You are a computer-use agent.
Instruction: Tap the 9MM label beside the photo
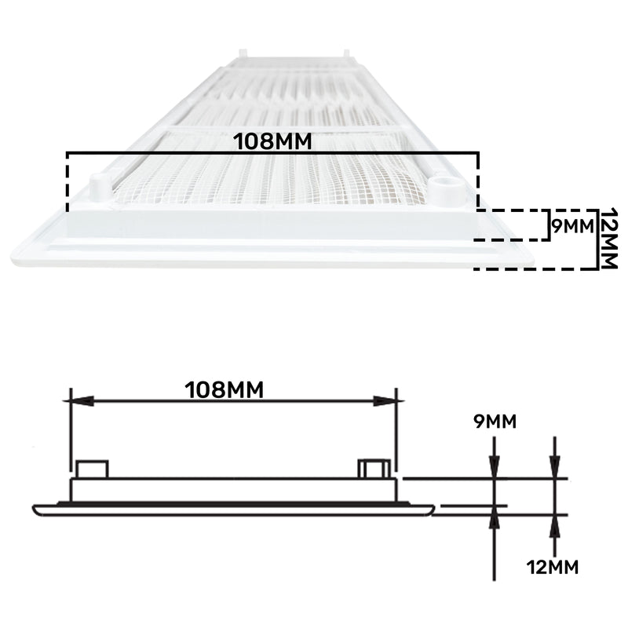(x=570, y=226)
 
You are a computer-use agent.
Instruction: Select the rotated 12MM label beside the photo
(x=608, y=239)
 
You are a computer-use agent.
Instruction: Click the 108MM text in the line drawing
(x=224, y=389)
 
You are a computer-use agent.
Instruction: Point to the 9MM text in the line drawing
(x=495, y=422)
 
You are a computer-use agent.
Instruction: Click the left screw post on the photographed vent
(x=98, y=187)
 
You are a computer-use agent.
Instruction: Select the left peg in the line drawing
(x=92, y=469)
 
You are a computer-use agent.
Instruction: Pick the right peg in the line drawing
(x=373, y=469)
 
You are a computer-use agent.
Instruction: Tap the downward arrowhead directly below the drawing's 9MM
(x=494, y=468)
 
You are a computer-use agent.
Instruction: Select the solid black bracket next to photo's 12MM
(x=594, y=239)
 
